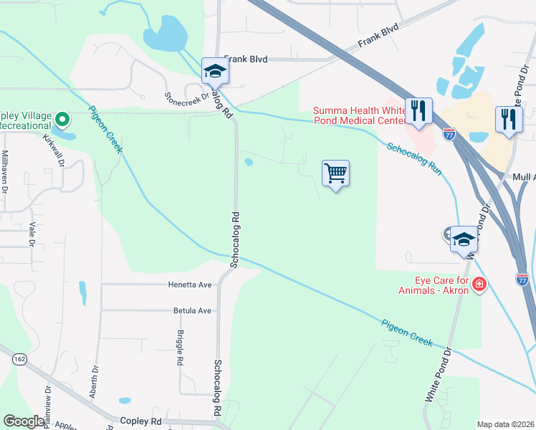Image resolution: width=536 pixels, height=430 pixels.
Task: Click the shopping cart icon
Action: click(335, 173)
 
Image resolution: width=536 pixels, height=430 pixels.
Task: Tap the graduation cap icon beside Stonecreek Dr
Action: click(214, 71)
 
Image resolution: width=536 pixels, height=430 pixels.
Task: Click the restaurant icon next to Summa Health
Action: click(418, 111)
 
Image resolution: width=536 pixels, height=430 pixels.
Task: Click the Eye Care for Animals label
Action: click(434, 285)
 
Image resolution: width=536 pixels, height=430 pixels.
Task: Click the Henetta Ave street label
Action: click(190, 285)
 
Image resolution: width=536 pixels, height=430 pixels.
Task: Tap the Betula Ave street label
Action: click(192, 311)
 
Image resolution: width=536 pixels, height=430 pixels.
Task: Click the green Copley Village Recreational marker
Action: click(62, 119)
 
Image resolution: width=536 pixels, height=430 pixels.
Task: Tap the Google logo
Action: click(24, 421)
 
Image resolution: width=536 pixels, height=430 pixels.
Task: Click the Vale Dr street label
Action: click(32, 234)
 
